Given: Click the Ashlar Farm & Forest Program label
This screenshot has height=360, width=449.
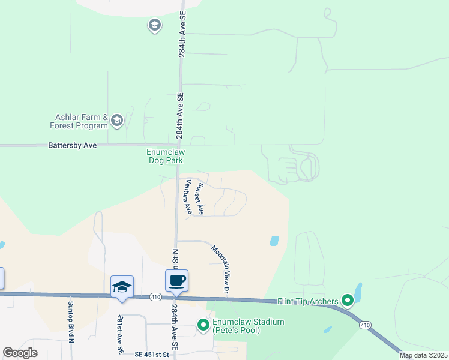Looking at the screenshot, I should point(79,122).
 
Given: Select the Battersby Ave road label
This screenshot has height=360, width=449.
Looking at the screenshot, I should point(72,145).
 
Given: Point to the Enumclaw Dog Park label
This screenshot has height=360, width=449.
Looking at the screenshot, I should point(165,156).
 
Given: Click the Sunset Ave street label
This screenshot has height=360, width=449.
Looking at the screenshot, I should point(200,199).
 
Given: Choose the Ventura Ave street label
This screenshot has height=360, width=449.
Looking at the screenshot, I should point(188,197).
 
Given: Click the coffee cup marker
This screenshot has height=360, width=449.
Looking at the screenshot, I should point(176,281).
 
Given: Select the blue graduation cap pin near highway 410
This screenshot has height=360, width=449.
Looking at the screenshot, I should point(122,287).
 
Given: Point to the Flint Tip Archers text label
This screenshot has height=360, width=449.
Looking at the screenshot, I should point(308,301).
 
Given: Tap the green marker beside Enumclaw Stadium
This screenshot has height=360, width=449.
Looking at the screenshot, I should point(203,326).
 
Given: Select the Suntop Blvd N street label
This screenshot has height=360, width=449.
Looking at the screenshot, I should point(70,327).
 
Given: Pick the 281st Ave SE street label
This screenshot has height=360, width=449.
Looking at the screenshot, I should point(120,333).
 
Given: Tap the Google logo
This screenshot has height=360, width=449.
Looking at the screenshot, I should point(20,353).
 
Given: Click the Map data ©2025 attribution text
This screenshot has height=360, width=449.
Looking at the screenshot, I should point(423,355).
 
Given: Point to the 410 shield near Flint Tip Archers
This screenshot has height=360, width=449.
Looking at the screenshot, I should point(364,325).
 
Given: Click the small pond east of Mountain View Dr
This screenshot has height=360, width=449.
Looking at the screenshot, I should point(274,241).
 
